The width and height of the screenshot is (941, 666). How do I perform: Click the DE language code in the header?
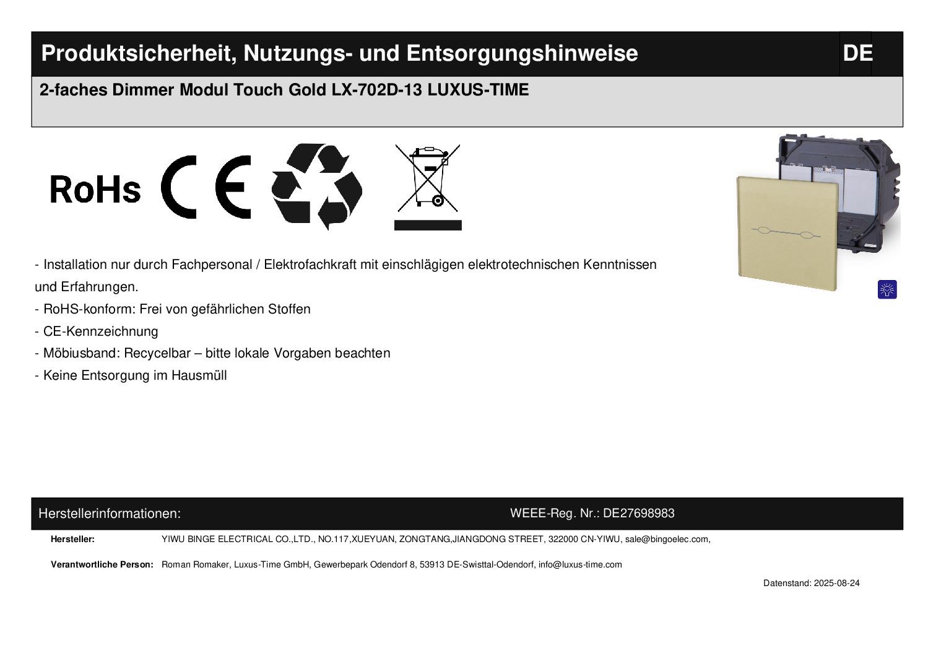857,53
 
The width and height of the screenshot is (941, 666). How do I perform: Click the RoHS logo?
95,189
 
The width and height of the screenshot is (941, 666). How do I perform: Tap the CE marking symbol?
206,187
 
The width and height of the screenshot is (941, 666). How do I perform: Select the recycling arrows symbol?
317,186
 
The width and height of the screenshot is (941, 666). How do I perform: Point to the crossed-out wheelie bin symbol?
428,187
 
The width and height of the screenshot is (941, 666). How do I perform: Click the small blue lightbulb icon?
887,289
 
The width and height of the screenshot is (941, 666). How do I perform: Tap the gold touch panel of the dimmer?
787,233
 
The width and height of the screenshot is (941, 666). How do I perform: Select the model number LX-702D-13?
377,90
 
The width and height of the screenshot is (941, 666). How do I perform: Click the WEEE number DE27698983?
638,514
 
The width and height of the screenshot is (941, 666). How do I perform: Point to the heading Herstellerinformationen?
110,514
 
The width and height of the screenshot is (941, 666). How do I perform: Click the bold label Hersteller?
72,539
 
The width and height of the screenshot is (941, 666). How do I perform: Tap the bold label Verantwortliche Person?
102,564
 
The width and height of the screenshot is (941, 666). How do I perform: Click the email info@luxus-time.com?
580,564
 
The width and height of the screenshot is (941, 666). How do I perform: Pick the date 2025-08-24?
837,583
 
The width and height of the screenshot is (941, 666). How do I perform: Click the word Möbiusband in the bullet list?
82,353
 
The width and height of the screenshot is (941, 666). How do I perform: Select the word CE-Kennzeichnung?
101,331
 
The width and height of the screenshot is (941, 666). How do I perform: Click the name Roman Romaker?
196,564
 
